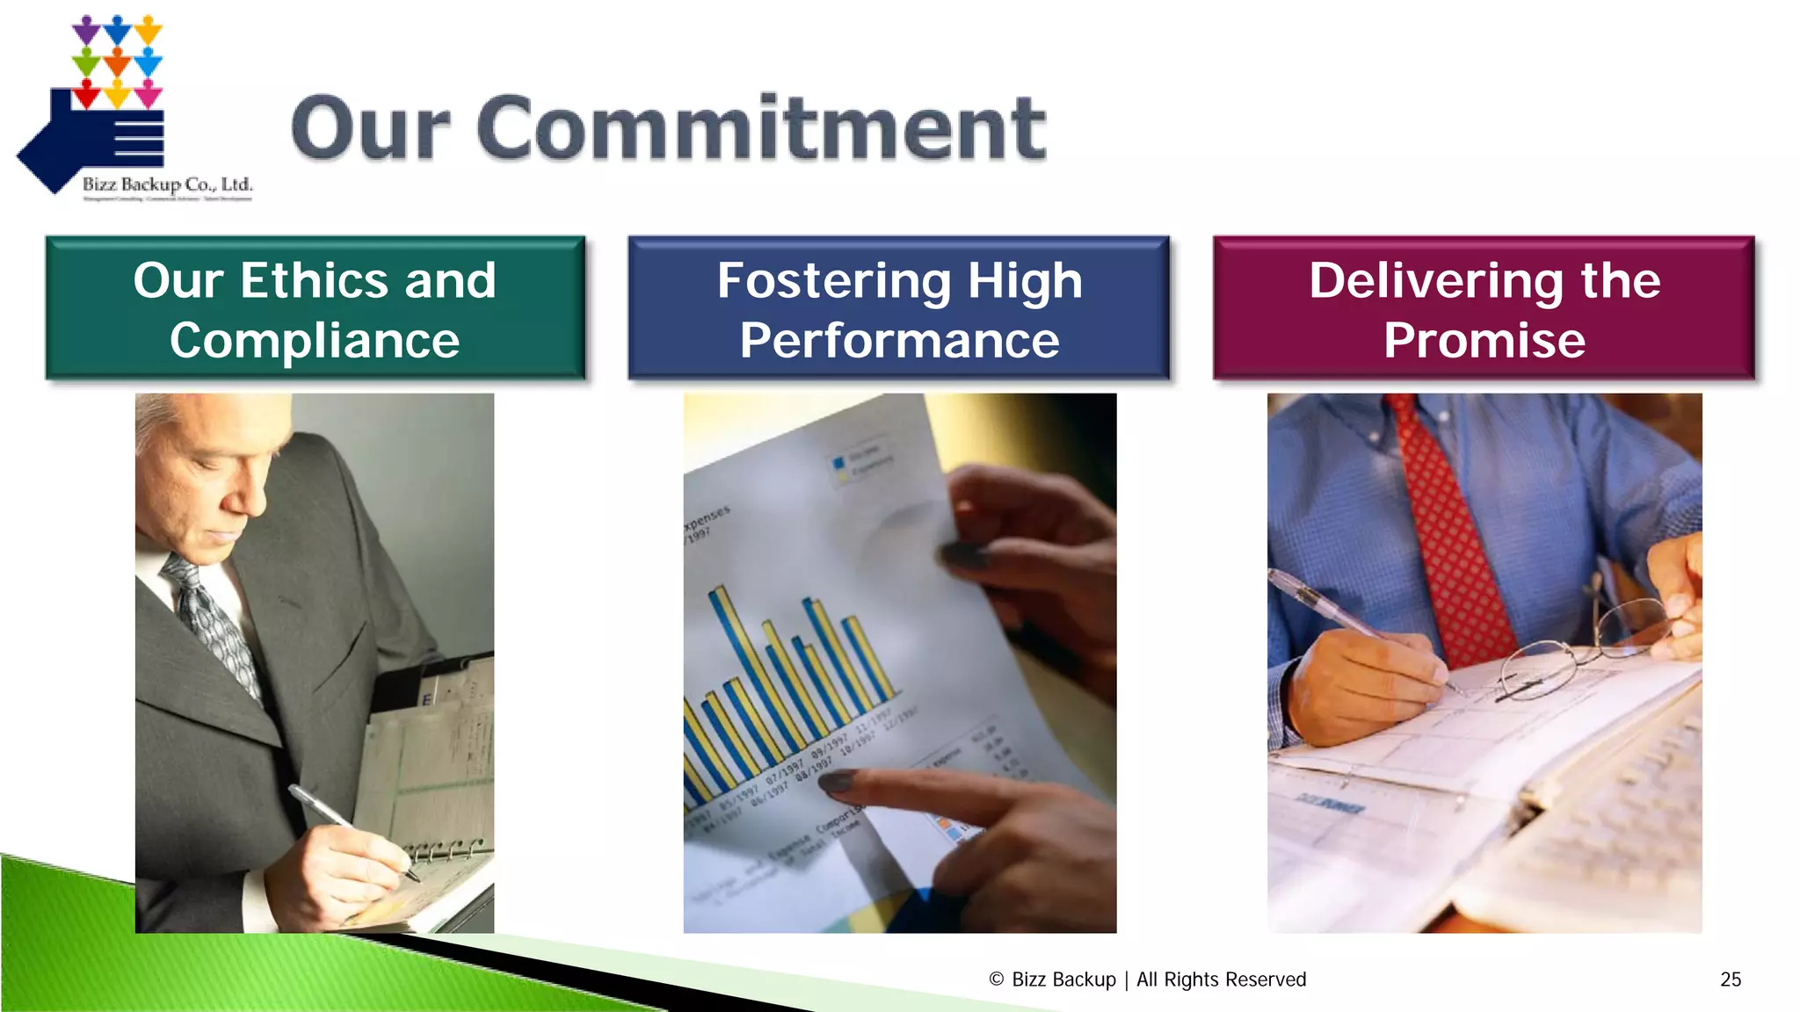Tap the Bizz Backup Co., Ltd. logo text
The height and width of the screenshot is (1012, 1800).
[x=167, y=184]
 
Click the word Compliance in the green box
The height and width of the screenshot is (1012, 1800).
[x=315, y=341]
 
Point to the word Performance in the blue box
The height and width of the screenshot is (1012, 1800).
[x=899, y=341]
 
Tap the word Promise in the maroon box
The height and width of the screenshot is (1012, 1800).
[x=1484, y=341]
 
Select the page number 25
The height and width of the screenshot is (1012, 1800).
[x=1731, y=979]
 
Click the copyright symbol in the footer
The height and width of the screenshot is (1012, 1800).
[x=996, y=979]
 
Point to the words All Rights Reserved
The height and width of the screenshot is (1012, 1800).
[x=1221, y=979]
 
